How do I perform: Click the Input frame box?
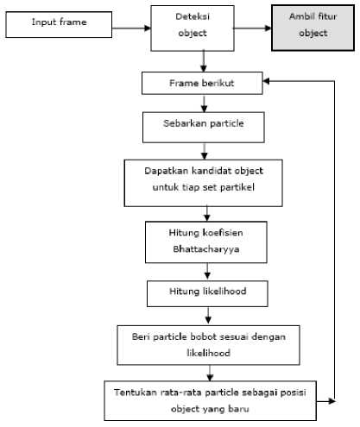(59, 25)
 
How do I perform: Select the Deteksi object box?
(193, 28)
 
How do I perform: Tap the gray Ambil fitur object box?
(313, 28)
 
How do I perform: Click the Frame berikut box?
(202, 83)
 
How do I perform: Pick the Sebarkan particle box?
(204, 128)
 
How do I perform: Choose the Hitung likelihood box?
(207, 293)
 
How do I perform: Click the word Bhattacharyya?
(206, 249)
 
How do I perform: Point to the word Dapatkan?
(166, 171)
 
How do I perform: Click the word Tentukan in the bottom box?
(136, 392)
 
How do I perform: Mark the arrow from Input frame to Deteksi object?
(131, 28)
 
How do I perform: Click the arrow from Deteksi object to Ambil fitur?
(253, 28)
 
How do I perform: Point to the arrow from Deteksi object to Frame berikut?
(204, 61)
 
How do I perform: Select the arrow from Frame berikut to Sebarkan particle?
(204, 104)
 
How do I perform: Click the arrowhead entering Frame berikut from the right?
(267, 81)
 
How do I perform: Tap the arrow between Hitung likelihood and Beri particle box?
(208, 316)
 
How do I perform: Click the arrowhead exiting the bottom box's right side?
(332, 401)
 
